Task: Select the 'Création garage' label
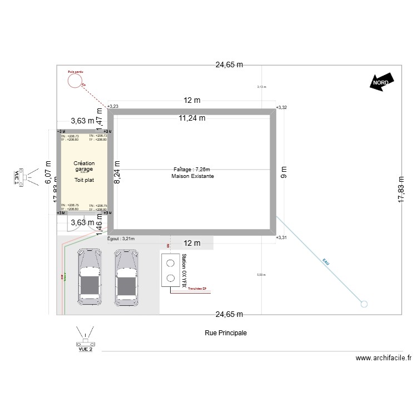click(85, 166)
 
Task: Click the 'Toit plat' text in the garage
click(85, 180)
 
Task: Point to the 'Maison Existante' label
click(193, 176)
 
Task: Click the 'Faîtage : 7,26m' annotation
click(193, 168)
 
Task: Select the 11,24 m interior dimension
click(192, 118)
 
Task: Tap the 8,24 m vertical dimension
click(117, 172)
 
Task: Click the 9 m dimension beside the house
click(283, 172)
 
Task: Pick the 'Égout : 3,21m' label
click(121, 239)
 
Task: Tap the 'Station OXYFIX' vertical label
click(183, 270)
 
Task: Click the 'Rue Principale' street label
click(225, 332)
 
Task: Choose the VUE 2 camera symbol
click(85, 338)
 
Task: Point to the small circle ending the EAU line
click(364, 304)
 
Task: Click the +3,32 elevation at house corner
click(281, 107)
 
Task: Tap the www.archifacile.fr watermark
click(383, 359)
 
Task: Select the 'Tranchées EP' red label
click(197, 289)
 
